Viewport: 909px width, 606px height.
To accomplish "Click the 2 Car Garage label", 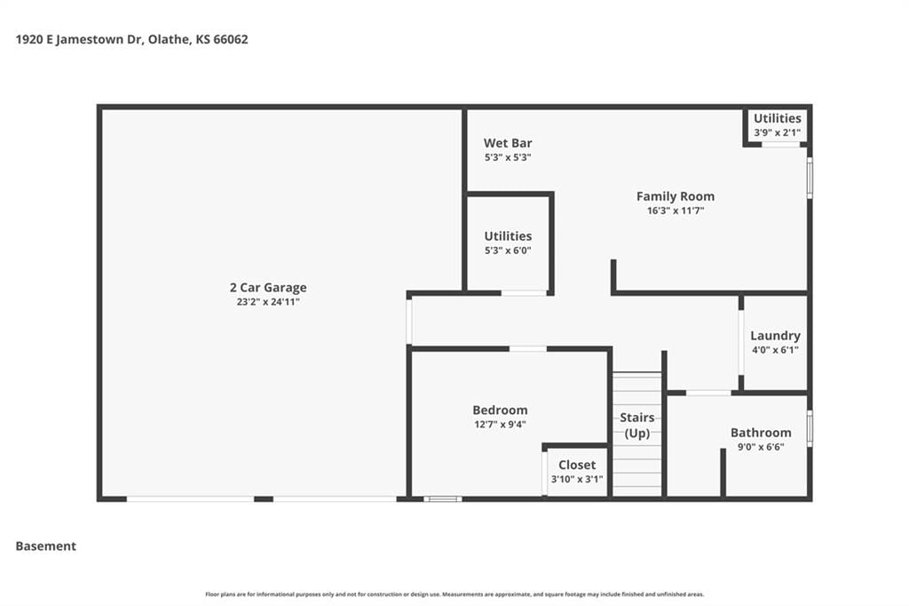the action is [x=268, y=287].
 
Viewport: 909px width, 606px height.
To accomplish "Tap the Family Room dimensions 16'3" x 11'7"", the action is [x=676, y=211].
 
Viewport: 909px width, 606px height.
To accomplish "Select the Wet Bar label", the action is [x=508, y=143].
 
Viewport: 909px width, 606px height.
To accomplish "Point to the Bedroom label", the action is [x=500, y=410].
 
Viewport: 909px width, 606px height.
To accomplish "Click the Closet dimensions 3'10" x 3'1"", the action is [x=577, y=480].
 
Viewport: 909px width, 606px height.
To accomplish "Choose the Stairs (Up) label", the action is [x=637, y=426].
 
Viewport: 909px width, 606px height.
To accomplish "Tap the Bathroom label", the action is [x=761, y=433].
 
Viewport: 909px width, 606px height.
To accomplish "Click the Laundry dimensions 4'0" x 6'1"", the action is [x=775, y=350].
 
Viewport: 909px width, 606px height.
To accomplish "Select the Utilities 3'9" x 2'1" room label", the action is [x=778, y=124].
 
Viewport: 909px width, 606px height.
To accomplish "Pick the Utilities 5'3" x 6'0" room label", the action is [x=508, y=243].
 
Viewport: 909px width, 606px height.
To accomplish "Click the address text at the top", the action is [x=131, y=39].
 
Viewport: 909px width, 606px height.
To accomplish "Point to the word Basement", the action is [x=46, y=546].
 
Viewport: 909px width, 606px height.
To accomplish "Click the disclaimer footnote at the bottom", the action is [x=454, y=594].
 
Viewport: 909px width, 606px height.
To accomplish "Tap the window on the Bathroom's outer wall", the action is [x=810, y=428].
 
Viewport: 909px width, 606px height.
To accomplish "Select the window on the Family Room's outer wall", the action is [x=810, y=178].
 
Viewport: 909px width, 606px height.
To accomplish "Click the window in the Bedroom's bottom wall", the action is [x=443, y=498].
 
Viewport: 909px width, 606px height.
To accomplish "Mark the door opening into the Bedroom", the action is [x=527, y=349].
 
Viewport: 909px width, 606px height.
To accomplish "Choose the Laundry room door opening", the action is [x=741, y=343].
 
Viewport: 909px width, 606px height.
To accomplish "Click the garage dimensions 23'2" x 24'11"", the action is [x=268, y=302].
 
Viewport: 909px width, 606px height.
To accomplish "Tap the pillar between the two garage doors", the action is [x=264, y=498].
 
